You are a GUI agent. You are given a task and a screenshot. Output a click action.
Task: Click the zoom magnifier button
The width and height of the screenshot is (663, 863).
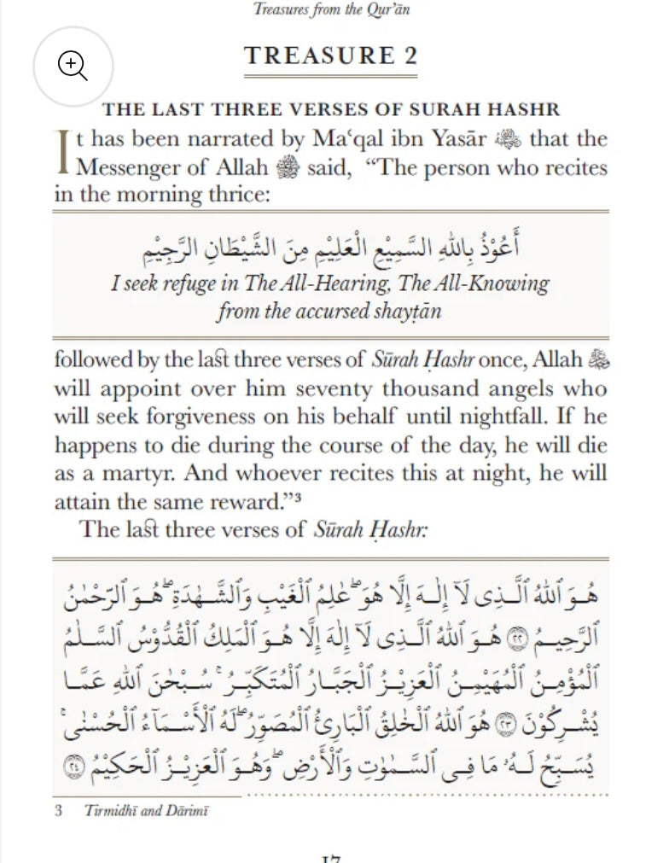73,66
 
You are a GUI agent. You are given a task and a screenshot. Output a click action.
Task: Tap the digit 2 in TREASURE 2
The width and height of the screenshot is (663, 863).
410,56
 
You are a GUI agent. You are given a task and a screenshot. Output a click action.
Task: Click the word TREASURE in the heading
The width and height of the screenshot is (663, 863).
317,56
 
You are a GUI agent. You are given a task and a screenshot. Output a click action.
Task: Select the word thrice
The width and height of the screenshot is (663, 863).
233,194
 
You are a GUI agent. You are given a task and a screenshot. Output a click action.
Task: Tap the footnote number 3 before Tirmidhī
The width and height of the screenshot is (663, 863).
59,810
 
